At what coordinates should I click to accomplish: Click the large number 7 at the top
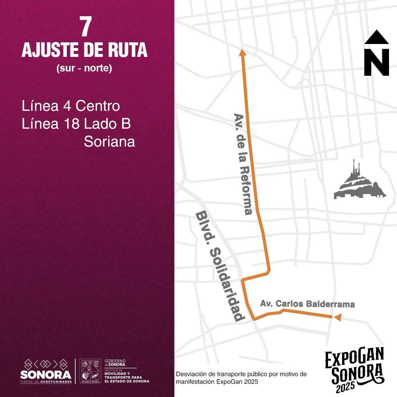pos(85,27)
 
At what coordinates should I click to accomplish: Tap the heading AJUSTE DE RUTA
pos(84,51)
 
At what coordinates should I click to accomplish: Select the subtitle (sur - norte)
pos(84,68)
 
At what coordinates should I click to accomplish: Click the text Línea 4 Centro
pos(71,107)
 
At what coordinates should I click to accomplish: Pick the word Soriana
pos(110,142)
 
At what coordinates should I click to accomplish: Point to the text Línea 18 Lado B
pos(76,124)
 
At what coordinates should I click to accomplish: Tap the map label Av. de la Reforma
pos(243,164)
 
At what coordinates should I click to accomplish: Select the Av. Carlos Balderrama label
pos(307,304)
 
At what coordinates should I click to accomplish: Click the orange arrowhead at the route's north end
pos(243,52)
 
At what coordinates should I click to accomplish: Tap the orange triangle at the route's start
pos(337,317)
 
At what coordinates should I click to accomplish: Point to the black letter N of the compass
pos(376,63)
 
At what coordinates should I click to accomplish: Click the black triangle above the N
pos(376,37)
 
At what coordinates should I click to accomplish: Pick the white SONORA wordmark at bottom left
pos(46,375)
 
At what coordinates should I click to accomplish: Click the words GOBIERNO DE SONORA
pos(115,363)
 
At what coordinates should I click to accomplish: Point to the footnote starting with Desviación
pos(242,378)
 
